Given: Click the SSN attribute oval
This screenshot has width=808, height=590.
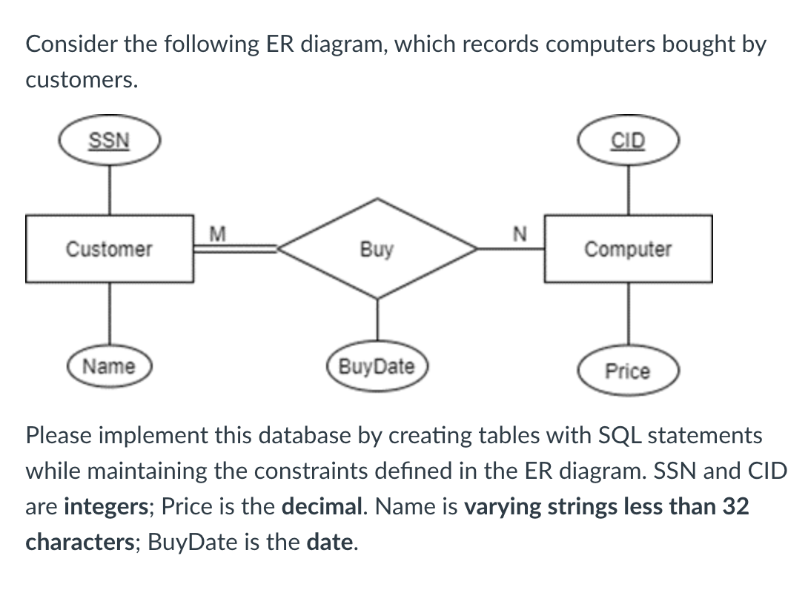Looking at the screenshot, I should [x=110, y=141].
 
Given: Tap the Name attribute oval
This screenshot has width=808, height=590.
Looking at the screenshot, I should [x=109, y=366].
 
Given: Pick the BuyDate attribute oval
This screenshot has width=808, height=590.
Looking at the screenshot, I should [x=377, y=366].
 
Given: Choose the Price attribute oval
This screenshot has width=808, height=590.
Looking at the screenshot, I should [x=628, y=371].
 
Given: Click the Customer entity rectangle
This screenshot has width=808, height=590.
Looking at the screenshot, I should [x=110, y=249].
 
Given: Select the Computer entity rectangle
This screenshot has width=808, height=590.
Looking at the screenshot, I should [x=629, y=249].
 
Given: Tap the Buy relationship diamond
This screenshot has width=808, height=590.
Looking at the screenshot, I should [x=377, y=249].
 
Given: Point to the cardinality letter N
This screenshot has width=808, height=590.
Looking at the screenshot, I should [x=519, y=235].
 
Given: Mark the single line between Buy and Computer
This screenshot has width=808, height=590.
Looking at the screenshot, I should [x=511, y=250].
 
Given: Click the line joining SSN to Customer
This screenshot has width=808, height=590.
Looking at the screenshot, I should [x=110, y=189].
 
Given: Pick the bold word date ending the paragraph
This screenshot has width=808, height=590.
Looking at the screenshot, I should [x=329, y=543].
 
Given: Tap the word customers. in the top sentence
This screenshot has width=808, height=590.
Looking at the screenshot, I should [x=82, y=80].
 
